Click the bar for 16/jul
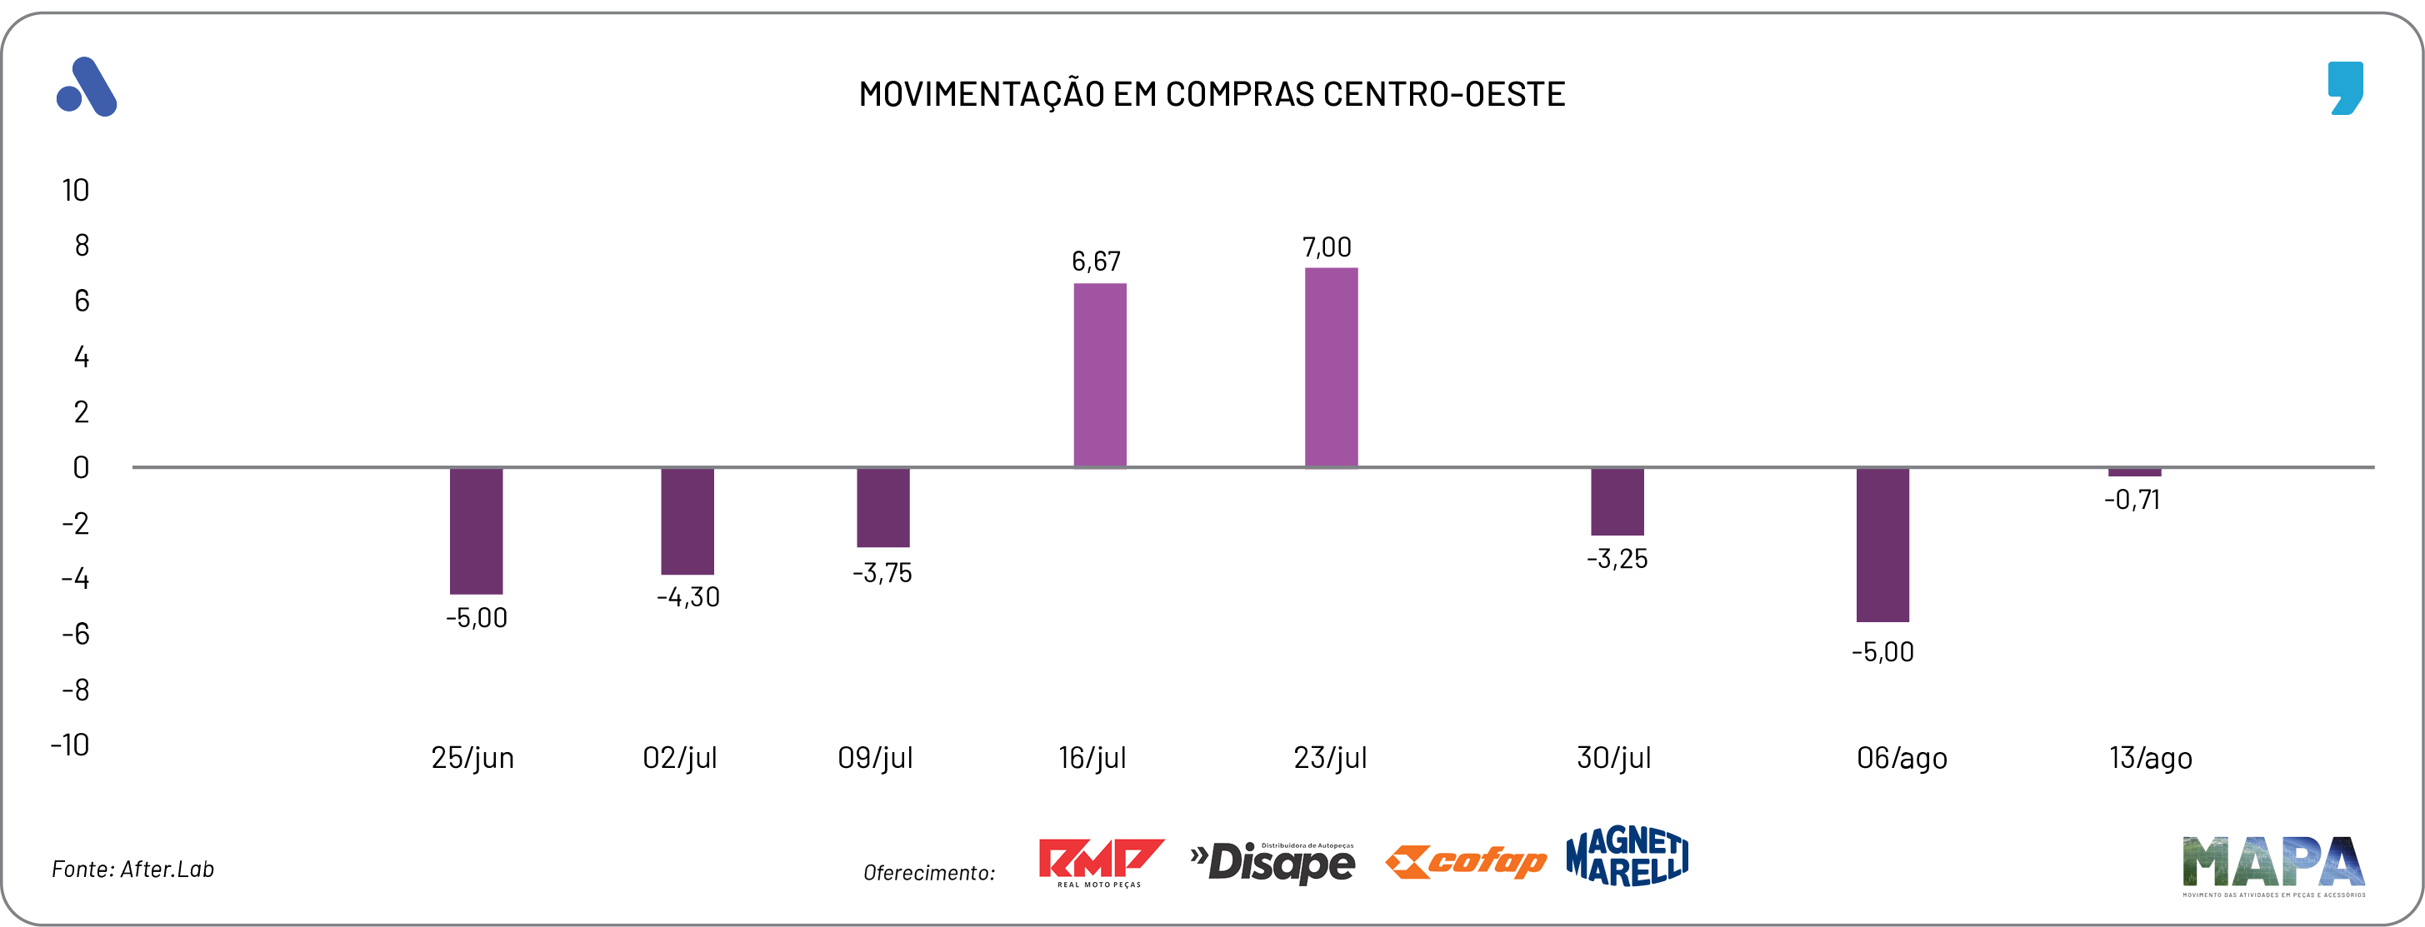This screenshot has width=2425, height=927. (1099, 375)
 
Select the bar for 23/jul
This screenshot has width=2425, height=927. (1331, 367)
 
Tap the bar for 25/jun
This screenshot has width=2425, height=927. (477, 531)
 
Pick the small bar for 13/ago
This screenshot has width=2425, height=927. (2134, 472)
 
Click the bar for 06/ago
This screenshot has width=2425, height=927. (1882, 544)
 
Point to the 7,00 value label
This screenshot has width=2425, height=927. (1327, 247)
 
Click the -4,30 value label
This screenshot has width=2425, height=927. (688, 596)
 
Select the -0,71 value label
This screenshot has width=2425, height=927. (2132, 500)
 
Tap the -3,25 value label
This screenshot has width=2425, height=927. (1617, 559)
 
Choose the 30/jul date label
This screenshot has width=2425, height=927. (1613, 758)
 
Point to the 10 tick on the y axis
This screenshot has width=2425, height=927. (75, 191)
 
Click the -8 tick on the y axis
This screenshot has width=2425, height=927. (75, 690)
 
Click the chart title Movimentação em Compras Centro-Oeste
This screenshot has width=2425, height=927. (1212, 94)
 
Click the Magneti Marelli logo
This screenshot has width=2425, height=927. (1627, 856)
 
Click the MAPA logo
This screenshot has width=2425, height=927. (2272, 864)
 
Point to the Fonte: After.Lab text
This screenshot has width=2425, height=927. (132, 869)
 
